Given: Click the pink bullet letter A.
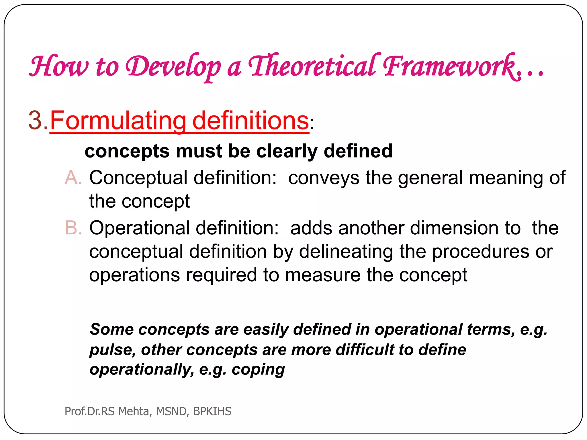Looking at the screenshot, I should click(73, 178).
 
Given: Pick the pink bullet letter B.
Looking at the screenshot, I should click(73, 228).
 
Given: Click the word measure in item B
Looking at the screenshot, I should click(323, 275).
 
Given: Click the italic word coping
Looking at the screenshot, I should click(258, 370).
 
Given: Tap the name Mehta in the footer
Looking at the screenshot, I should click(133, 411).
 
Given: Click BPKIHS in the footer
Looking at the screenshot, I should click(212, 411).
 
